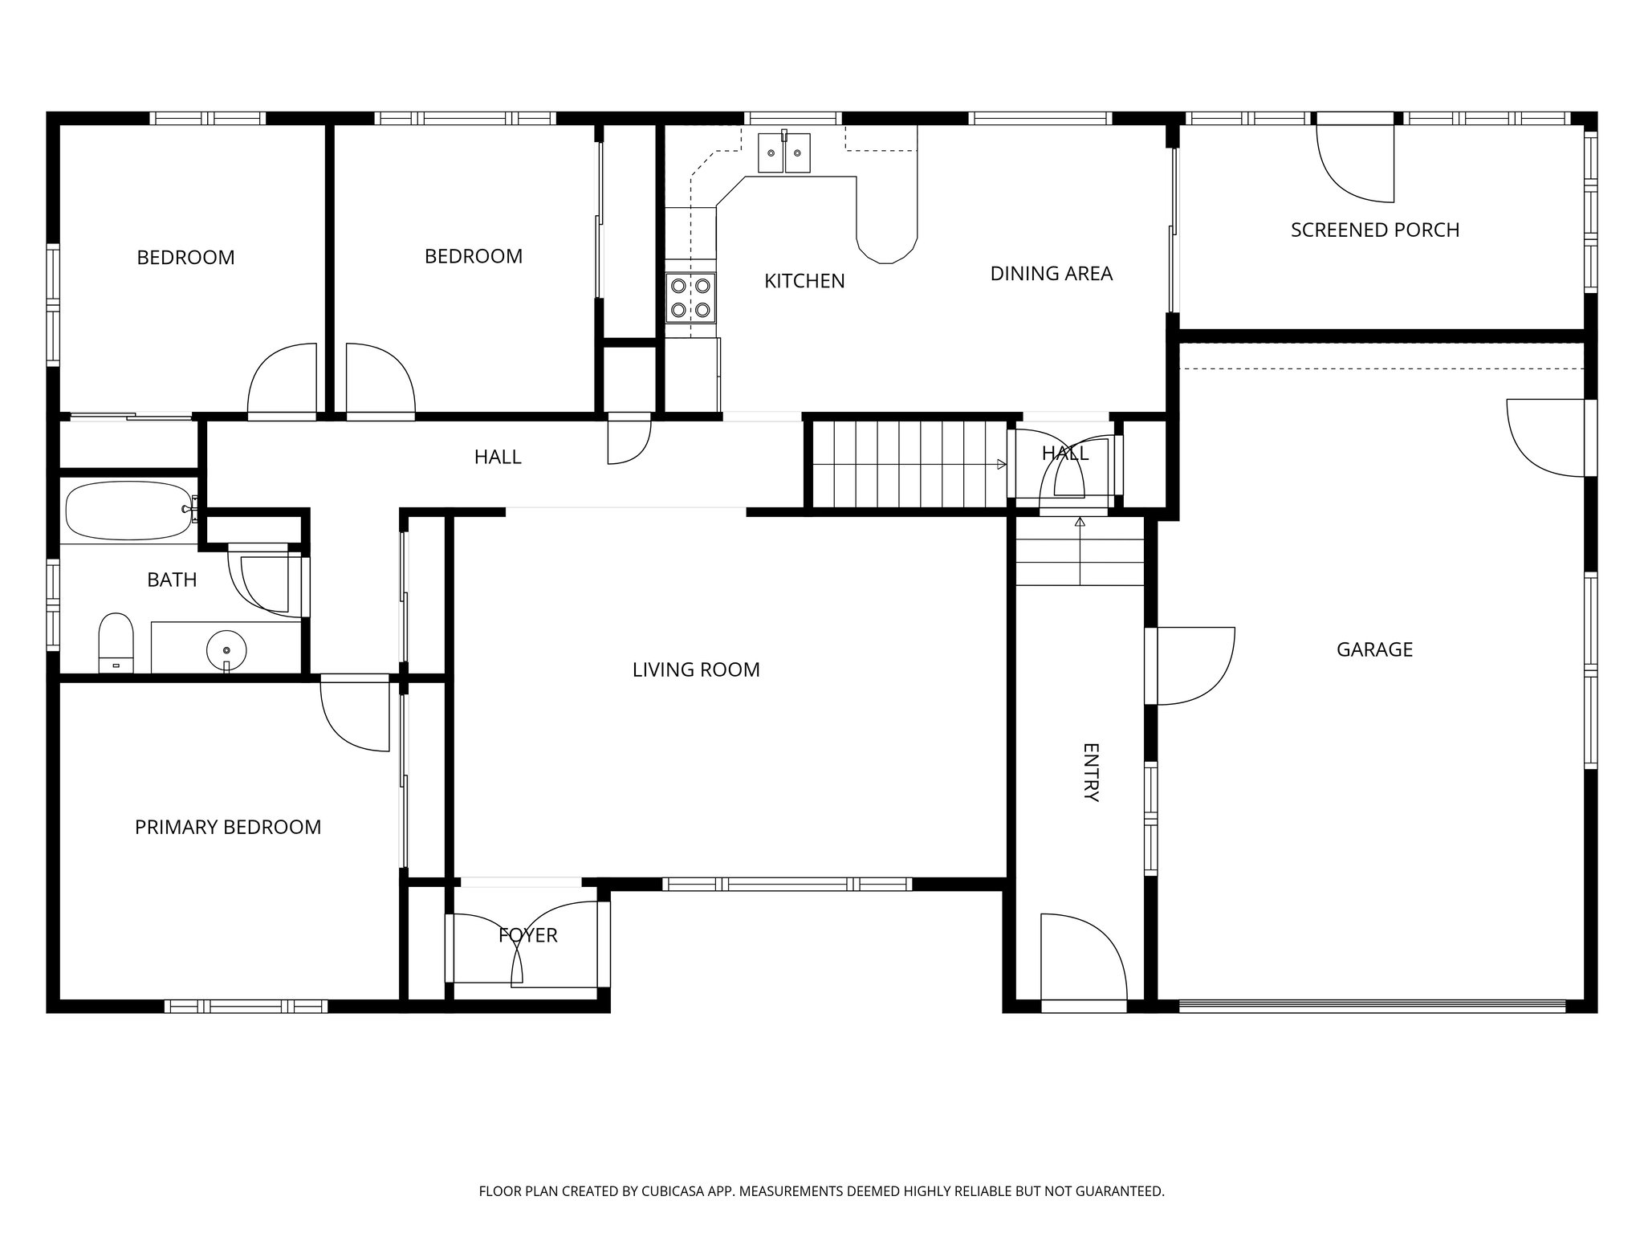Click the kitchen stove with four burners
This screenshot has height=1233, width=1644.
coord(690,297)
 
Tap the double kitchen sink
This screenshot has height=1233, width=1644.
coord(784,153)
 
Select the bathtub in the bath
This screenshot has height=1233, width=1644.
coord(128,511)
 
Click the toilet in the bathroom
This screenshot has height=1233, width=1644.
coord(116,641)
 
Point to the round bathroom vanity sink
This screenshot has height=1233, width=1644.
coord(226,649)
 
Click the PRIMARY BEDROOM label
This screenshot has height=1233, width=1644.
coord(228,827)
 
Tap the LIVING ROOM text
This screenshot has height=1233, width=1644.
coord(696,669)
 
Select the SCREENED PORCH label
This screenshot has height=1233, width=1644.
coord(1374,230)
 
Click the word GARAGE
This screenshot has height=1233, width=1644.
coord(1374,649)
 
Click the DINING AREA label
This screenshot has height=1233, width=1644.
coord(1051,274)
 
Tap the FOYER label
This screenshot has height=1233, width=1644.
coord(527,935)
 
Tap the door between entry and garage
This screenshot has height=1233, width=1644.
coord(1192,665)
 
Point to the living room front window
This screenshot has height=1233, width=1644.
coord(787,884)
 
